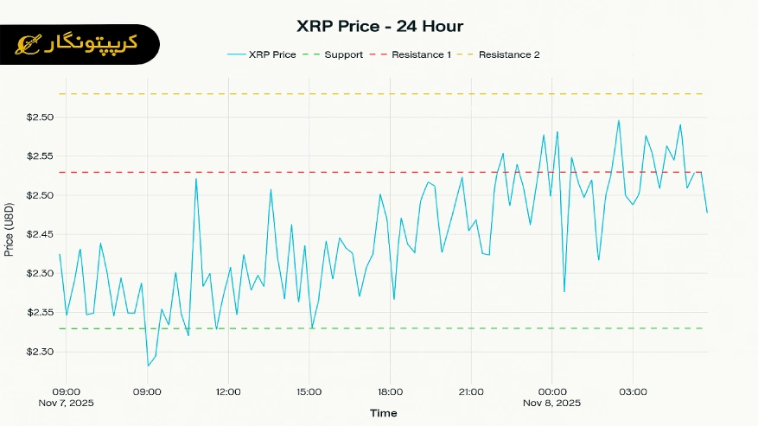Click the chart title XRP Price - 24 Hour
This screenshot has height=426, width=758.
pos(379,26)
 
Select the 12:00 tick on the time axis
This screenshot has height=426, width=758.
pos(228,391)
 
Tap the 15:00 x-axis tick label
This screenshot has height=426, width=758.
pos(309,391)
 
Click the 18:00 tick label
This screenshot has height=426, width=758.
pos(390,391)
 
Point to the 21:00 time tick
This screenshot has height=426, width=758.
pos(471,391)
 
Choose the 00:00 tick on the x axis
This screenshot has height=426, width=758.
pos(552,391)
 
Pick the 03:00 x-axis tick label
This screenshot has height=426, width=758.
pos(633,391)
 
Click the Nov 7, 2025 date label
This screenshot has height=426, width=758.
pos(67,404)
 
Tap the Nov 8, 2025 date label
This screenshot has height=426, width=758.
pos(552,404)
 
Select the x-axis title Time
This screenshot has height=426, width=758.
pos(384,414)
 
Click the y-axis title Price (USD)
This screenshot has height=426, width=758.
pos(10,228)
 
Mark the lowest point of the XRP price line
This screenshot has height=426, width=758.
pos(148,366)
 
